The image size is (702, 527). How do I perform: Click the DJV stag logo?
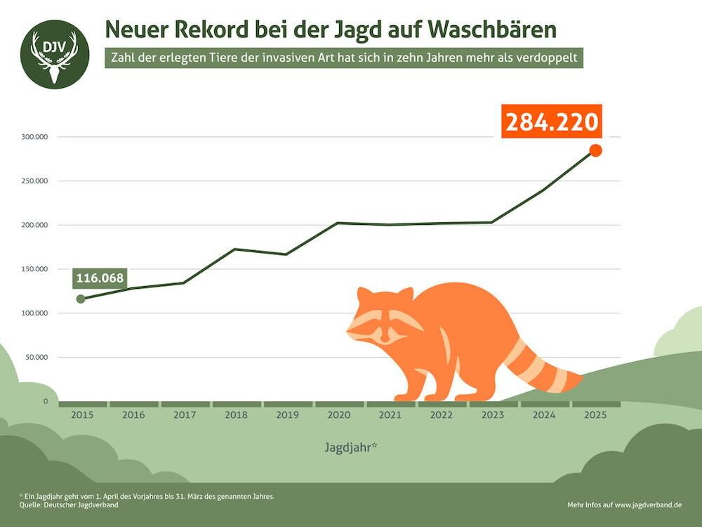[x=55, y=54]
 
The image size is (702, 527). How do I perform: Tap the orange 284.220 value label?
[x=552, y=122]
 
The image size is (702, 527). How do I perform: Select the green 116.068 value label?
[x=100, y=278]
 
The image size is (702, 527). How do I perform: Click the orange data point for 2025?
[x=595, y=150]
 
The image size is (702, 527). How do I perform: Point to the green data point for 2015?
[x=81, y=299]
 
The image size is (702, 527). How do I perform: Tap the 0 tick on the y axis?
[x=45, y=401]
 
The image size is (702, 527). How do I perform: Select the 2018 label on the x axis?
[x=236, y=415]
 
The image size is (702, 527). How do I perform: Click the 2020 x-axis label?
[x=338, y=415]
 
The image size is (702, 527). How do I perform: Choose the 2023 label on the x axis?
[x=493, y=415]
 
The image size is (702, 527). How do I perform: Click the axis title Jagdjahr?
[x=351, y=446]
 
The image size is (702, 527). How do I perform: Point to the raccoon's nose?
[x=384, y=339]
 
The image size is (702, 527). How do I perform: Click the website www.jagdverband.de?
[x=648, y=505]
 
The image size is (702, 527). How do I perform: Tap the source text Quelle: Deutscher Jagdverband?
[x=69, y=505]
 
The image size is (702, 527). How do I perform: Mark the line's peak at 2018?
[x=234, y=249]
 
